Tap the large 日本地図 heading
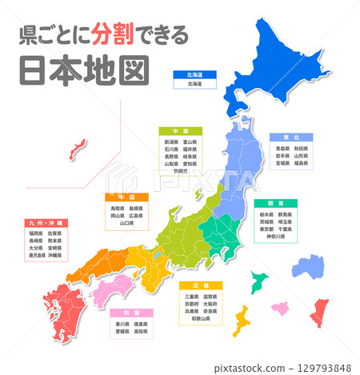pos(84,70)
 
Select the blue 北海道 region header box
pos(194,74)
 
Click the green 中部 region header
pos(179,130)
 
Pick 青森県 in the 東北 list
pos(274,148)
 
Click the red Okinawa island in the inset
pos(78,147)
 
